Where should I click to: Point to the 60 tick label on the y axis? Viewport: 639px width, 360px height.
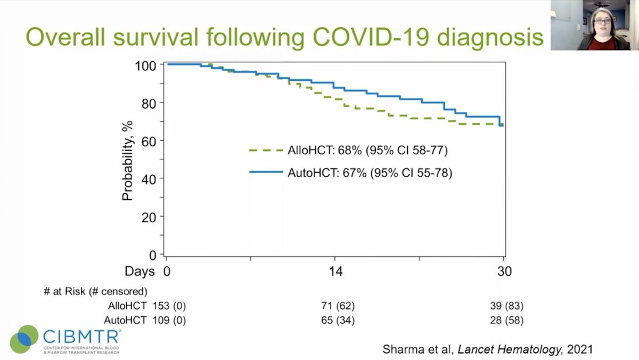[150, 141]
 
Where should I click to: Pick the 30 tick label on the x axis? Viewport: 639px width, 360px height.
[504, 271]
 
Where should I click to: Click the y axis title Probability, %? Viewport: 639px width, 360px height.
[127, 159]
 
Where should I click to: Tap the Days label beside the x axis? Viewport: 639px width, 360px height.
[140, 271]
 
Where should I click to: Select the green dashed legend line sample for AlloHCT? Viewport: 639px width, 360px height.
[265, 150]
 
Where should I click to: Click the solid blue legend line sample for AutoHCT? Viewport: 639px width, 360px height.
[265, 172]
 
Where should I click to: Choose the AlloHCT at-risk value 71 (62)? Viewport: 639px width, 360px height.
[336, 306]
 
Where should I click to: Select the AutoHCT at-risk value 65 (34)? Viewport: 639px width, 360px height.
[336, 321]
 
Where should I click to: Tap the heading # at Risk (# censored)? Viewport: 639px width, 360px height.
[96, 291]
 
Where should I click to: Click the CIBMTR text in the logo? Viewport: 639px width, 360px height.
[81, 337]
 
